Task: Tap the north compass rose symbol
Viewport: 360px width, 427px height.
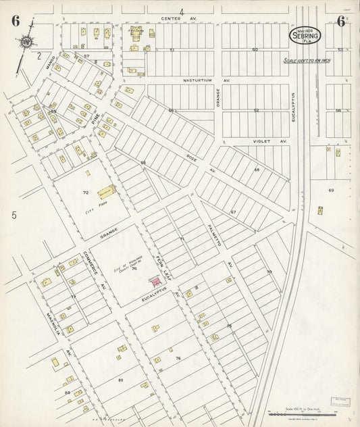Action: [25, 43]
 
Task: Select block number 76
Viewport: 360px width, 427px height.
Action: [178, 357]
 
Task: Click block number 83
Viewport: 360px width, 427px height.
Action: [120, 381]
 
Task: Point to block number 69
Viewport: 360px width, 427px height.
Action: [331, 191]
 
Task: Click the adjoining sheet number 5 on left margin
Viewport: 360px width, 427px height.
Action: [13, 216]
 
